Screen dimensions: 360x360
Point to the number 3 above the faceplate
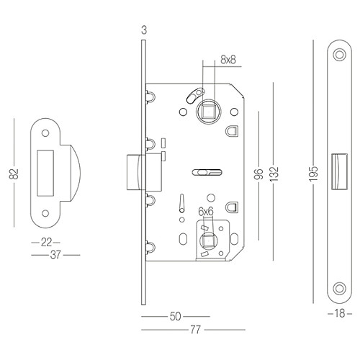click(144, 30)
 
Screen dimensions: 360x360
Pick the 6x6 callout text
click(206, 211)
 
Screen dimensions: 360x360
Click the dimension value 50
click(175, 316)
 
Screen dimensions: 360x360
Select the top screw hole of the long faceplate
click(338, 55)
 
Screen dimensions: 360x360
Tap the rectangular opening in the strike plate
click(43, 173)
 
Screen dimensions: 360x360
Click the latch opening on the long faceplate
click(338, 173)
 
